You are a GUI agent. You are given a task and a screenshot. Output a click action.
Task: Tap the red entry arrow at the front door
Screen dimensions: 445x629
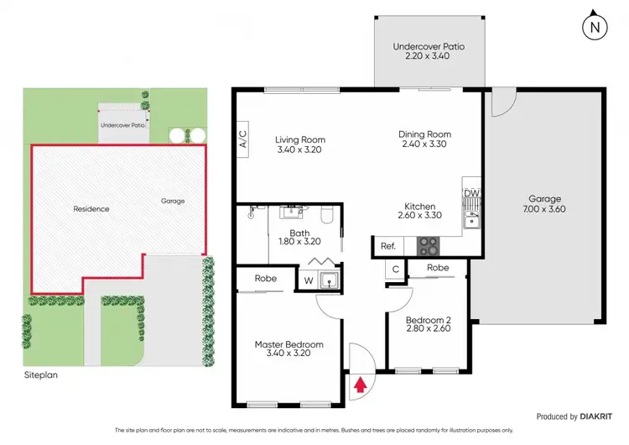tap(361, 385)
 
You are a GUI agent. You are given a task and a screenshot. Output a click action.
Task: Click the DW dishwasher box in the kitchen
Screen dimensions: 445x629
tap(471, 193)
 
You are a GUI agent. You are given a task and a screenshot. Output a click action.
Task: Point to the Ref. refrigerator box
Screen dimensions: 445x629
tap(387, 246)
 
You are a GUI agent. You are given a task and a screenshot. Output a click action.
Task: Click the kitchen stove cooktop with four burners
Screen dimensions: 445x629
tap(428, 246)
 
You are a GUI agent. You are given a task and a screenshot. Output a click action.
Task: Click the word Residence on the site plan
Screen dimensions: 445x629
tap(91, 208)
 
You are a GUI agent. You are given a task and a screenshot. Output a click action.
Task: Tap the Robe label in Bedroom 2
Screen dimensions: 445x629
tap(438, 269)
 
